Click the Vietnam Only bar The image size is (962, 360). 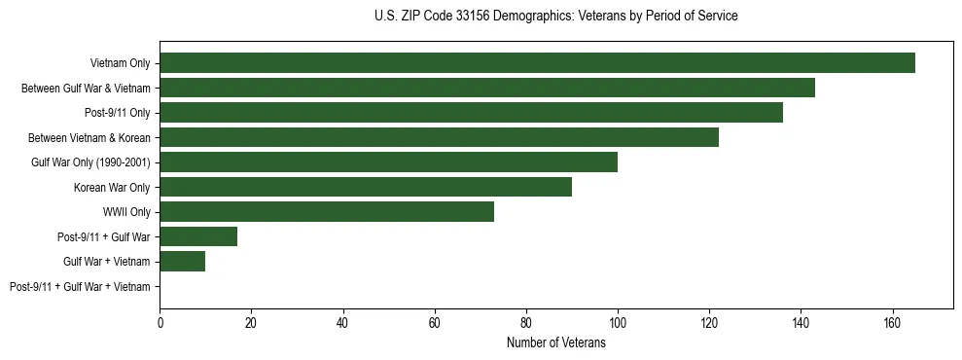537,63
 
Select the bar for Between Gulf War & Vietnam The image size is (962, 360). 487,88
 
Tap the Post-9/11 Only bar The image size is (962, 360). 471,113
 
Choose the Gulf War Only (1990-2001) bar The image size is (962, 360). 388,162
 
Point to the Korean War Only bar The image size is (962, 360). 366,187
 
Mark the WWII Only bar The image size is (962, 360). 327,212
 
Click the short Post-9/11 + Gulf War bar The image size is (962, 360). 198,236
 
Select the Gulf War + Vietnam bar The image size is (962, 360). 182,262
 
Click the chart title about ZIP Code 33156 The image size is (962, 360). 555,17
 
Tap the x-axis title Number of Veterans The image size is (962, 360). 555,343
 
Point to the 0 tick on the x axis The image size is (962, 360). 160,323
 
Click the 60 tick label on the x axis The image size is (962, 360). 434,323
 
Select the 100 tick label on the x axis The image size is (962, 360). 617,323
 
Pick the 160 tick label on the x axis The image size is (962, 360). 891,323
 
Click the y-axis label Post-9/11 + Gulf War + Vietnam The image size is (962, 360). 80,287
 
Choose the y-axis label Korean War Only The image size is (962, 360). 112,187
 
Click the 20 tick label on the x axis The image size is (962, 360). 251,323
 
